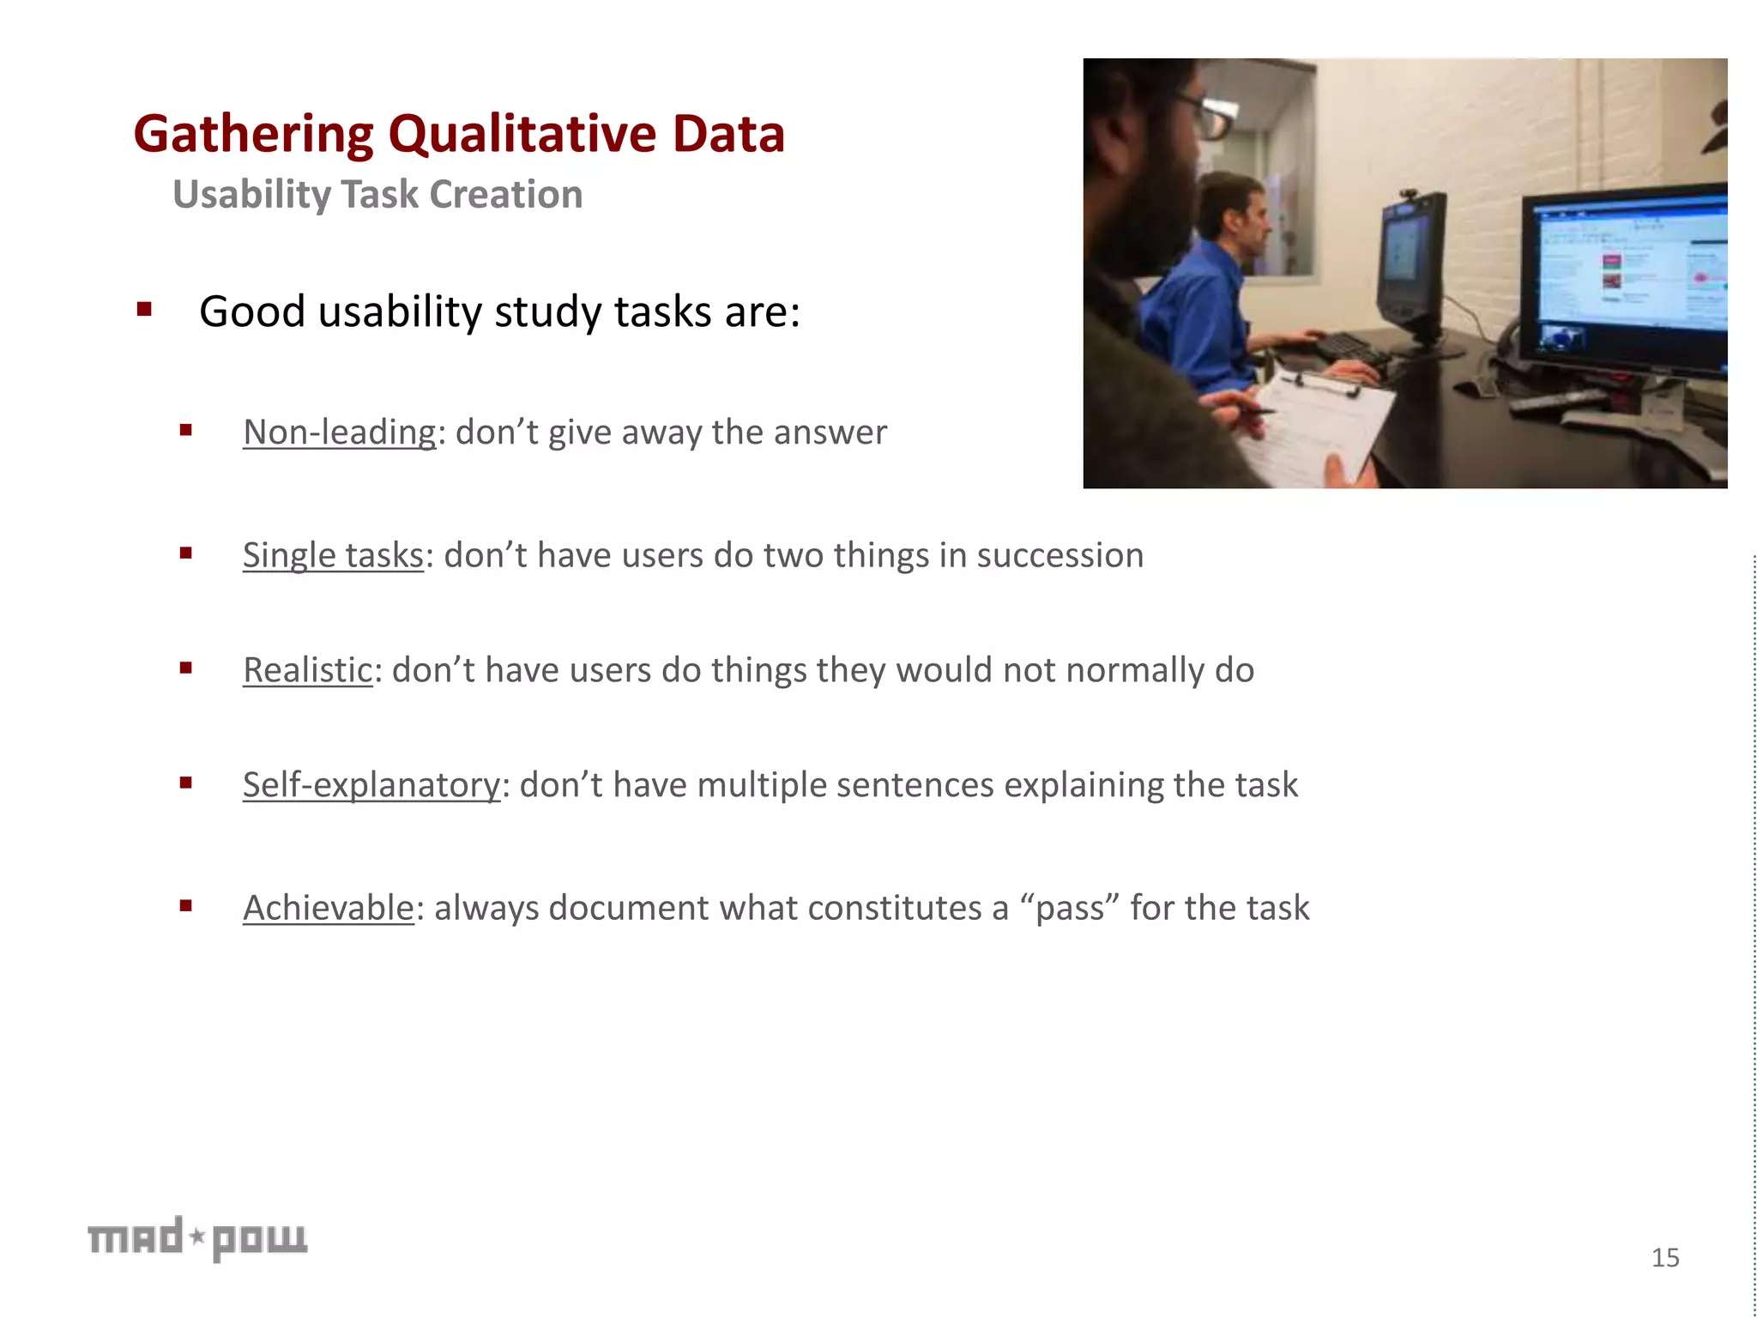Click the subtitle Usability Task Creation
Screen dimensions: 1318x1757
pyautogui.click(x=377, y=195)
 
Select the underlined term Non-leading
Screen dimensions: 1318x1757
pyautogui.click(x=340, y=432)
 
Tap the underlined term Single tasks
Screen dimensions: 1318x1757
pyautogui.click(x=333, y=555)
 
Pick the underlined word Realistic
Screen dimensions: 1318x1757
pyautogui.click(x=307, y=670)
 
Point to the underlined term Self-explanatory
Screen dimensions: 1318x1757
pyautogui.click(x=371, y=785)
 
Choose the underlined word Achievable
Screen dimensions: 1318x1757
pyautogui.click(x=329, y=908)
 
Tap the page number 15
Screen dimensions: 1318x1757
pyautogui.click(x=1665, y=1258)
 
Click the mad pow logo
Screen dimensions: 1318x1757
pyautogui.click(x=197, y=1238)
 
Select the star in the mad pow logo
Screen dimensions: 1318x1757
pyautogui.click(x=197, y=1236)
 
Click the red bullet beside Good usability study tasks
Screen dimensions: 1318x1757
pyautogui.click(x=144, y=310)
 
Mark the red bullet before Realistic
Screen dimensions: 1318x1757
pyautogui.click(x=185, y=668)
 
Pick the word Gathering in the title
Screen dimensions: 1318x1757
pyautogui.click(x=254, y=135)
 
